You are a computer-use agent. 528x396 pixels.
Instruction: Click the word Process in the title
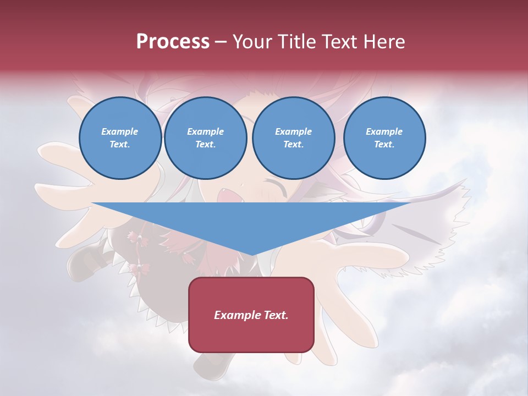[x=173, y=42]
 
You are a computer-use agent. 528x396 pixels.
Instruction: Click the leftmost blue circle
[x=120, y=138]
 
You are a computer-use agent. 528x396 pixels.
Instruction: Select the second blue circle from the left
[x=205, y=138]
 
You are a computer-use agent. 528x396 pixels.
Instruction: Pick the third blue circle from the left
[x=293, y=138]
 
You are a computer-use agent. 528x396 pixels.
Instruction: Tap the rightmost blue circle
[x=384, y=138]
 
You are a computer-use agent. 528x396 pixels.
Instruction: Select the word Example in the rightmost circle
[x=384, y=131]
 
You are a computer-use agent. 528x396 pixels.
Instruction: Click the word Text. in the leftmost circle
[x=120, y=145]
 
